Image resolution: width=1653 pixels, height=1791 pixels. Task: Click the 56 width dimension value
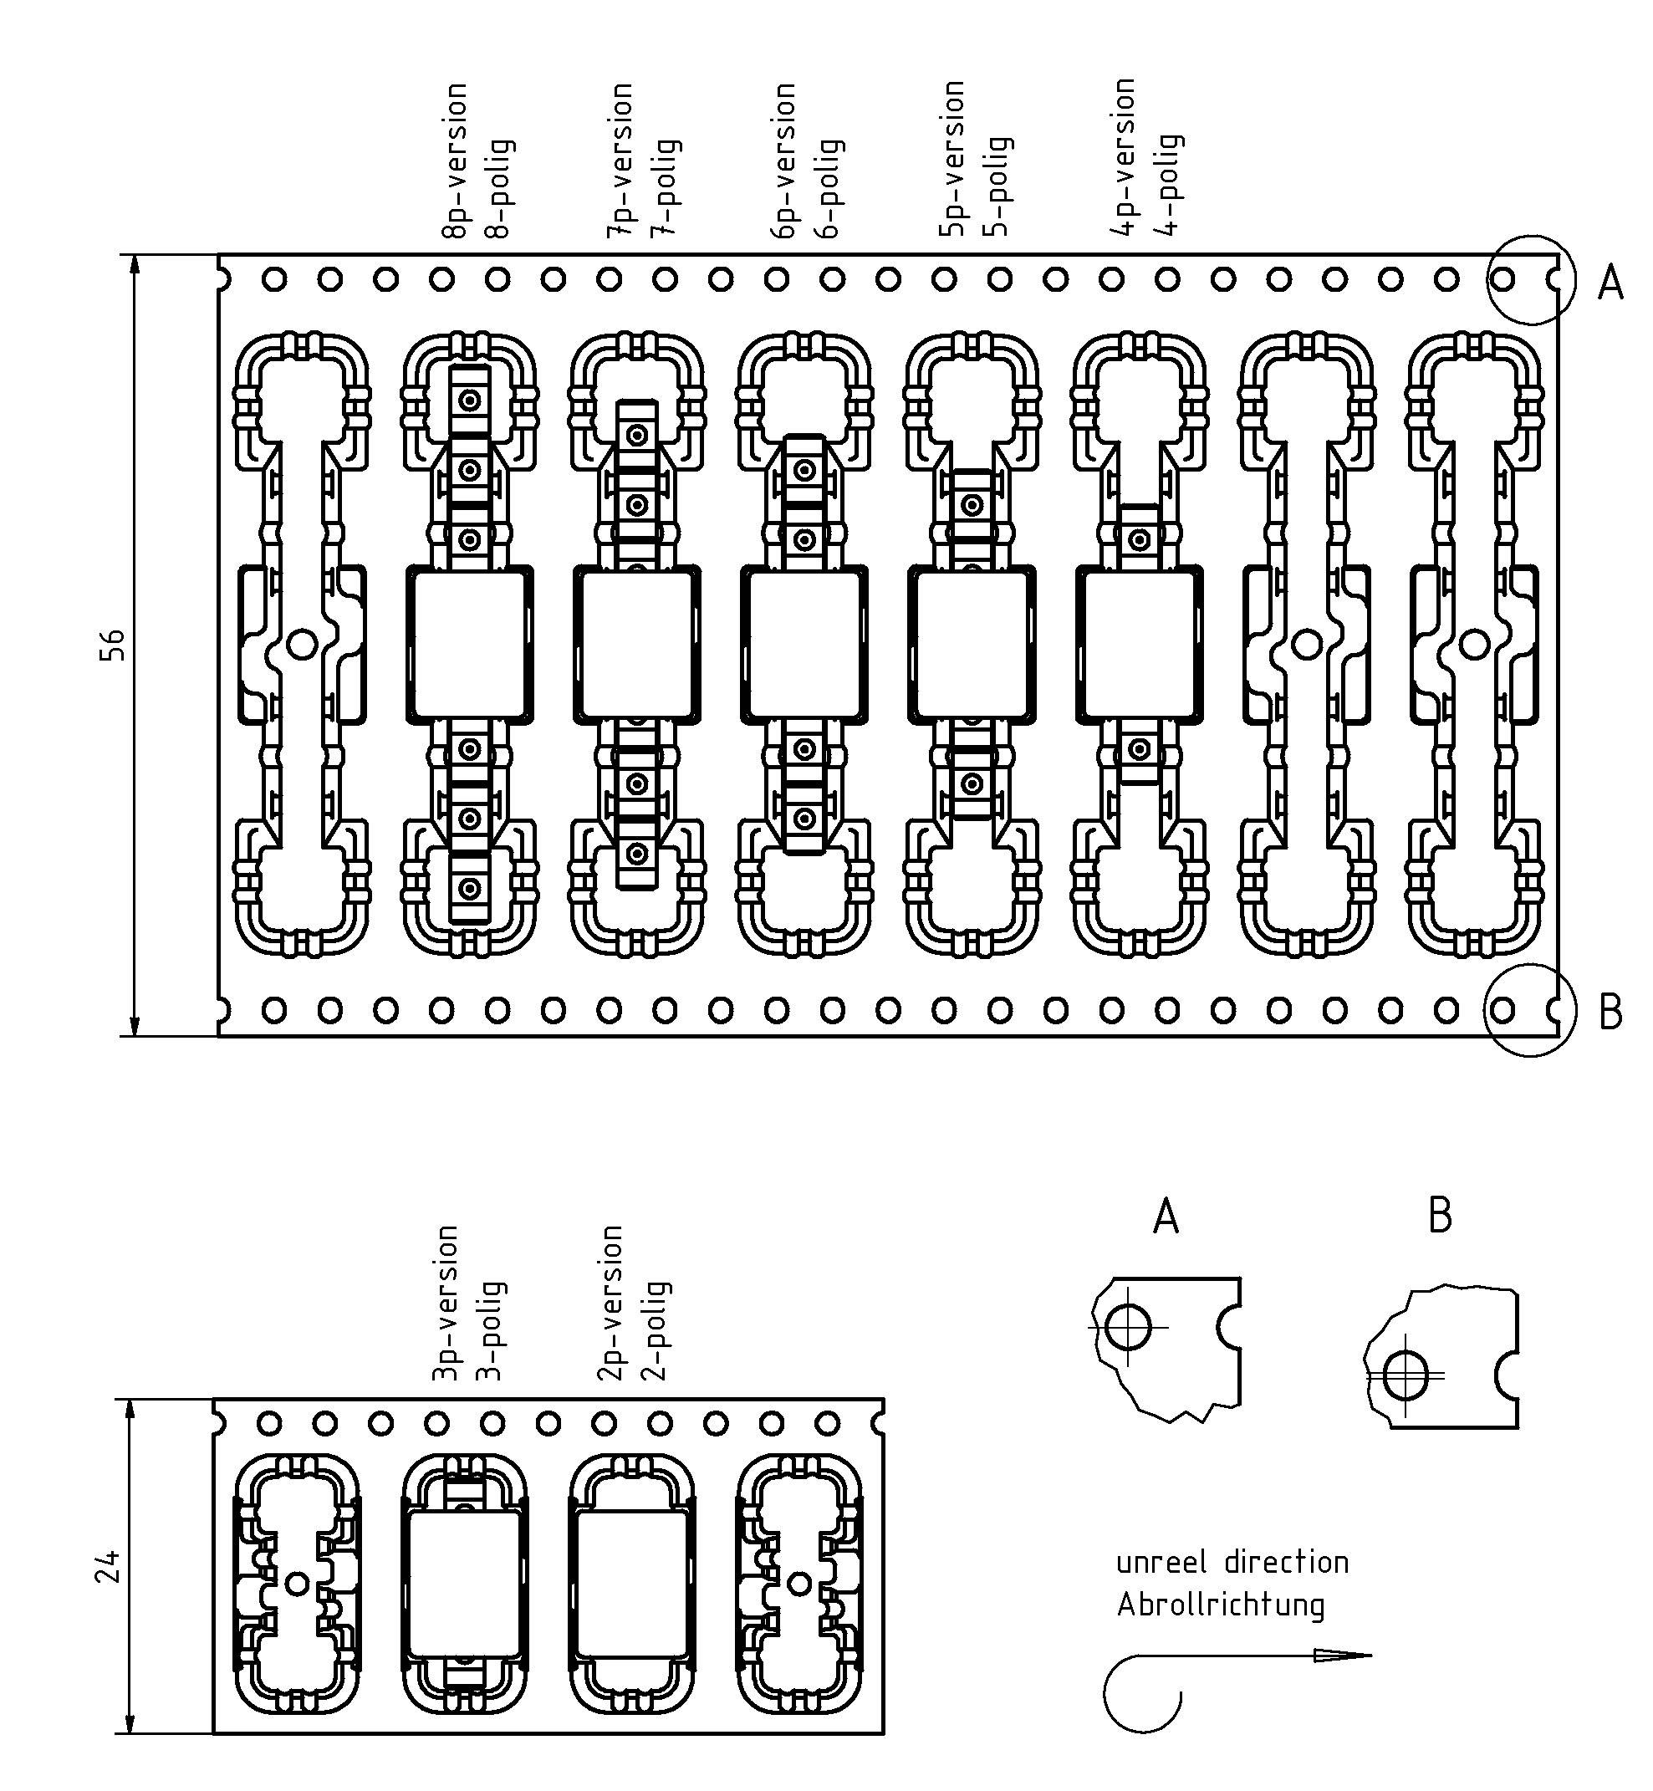(x=112, y=645)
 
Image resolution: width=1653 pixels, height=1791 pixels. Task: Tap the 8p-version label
(x=454, y=161)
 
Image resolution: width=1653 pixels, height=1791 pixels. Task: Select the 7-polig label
(x=666, y=187)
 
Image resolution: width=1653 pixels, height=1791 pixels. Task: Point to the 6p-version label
(x=783, y=161)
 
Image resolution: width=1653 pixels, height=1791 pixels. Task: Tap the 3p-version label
(x=445, y=1304)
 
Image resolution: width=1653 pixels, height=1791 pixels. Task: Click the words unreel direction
(x=1232, y=1562)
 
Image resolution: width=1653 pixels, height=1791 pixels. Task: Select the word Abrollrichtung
(x=1220, y=1604)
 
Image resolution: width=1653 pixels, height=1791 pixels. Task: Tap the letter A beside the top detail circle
(x=1610, y=283)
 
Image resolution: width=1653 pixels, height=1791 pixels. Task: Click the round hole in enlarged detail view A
(x=1128, y=1326)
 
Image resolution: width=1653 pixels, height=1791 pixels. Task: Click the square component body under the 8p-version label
(x=471, y=643)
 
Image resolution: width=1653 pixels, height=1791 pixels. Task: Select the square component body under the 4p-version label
(x=1140, y=643)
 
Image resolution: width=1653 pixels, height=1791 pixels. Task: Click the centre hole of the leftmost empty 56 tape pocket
(x=303, y=644)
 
